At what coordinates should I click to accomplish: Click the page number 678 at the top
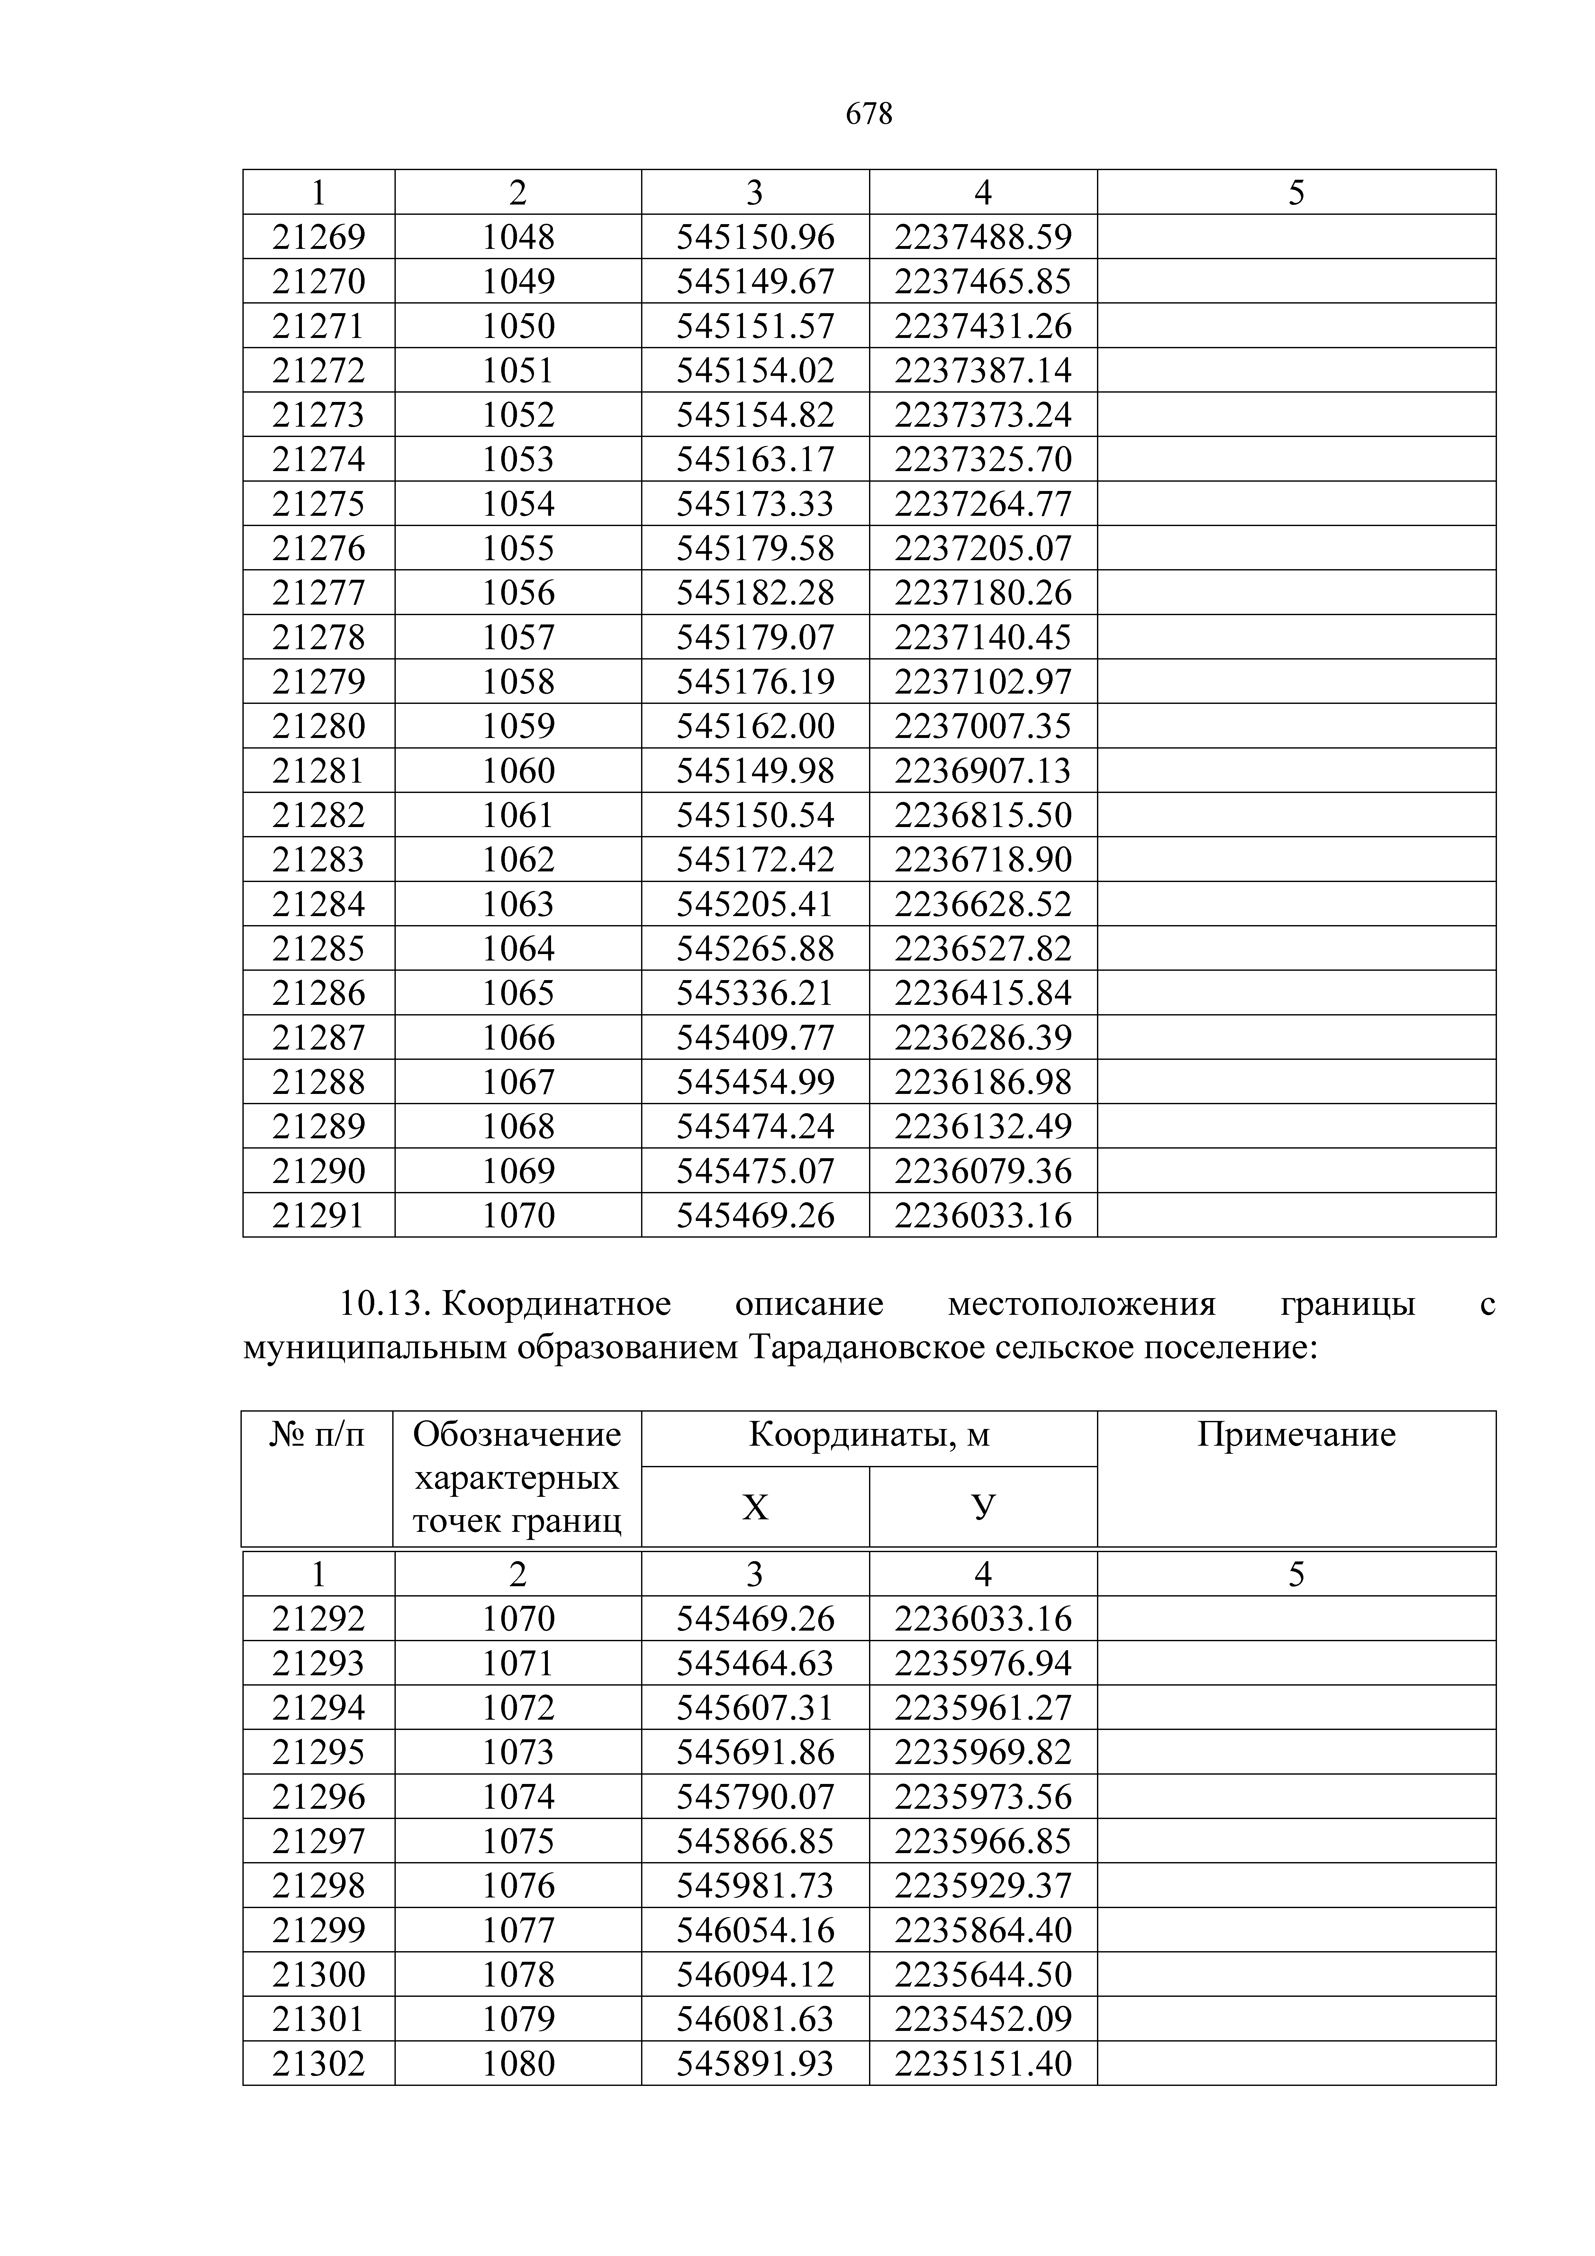click(869, 115)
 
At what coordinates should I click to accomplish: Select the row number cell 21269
click(318, 237)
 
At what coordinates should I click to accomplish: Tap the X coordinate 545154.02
click(755, 370)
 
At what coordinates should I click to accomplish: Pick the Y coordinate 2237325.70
click(983, 459)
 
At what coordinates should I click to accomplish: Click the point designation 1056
click(518, 593)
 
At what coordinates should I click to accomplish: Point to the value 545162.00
click(755, 726)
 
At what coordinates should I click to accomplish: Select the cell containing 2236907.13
click(983, 770)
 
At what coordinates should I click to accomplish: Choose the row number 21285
click(318, 948)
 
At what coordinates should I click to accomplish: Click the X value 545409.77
click(755, 1038)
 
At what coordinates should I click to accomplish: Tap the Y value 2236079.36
click(983, 1170)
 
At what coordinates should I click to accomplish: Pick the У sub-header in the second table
click(983, 1506)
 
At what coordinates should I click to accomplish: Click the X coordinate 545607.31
click(755, 1708)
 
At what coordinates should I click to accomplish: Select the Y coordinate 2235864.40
click(983, 1930)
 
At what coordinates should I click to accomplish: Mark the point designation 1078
click(518, 1974)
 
